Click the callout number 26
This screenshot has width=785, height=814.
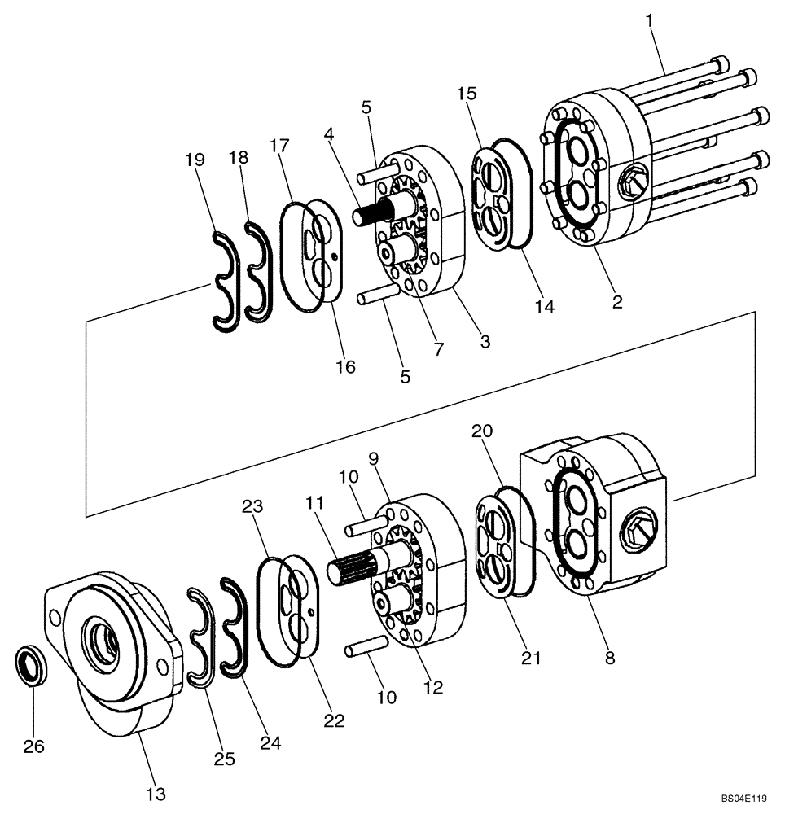pyautogui.click(x=33, y=746)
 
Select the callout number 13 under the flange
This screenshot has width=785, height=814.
pyautogui.click(x=156, y=793)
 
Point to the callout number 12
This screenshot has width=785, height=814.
pyautogui.click(x=433, y=688)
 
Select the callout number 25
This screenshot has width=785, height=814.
pyautogui.click(x=225, y=759)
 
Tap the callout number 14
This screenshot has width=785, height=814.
pyautogui.click(x=544, y=306)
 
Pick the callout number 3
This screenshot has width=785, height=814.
pyautogui.click(x=485, y=342)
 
